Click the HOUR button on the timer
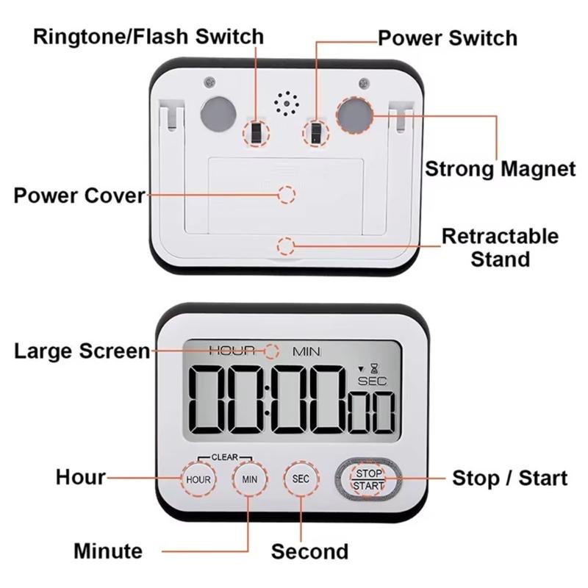point(198,479)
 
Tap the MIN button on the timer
point(249,479)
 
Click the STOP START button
point(368,479)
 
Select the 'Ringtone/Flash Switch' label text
point(148,36)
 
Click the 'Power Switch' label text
point(447,37)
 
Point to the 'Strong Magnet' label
point(501,169)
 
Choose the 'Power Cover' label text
point(79,196)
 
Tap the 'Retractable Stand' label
point(500,248)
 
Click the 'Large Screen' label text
point(82,351)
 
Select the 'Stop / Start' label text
point(509,478)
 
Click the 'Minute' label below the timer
point(108,551)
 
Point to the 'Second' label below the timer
point(309,551)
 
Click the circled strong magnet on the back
point(354,115)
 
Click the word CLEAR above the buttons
point(224,457)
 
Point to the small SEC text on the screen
point(371,381)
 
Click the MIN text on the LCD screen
point(307,351)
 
